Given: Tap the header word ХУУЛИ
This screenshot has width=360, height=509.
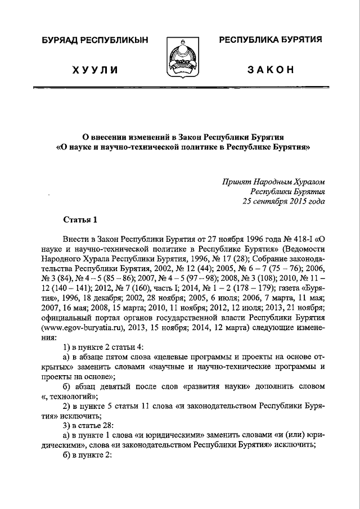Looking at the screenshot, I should [x=94, y=69].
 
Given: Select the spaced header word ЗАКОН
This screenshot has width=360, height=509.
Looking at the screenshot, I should [x=271, y=69].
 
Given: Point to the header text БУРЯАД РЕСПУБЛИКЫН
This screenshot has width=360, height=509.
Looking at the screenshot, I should [x=94, y=40].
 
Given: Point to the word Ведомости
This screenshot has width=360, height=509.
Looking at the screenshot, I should [x=305, y=249].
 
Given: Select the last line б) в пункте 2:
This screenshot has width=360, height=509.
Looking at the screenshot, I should [x=89, y=456].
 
